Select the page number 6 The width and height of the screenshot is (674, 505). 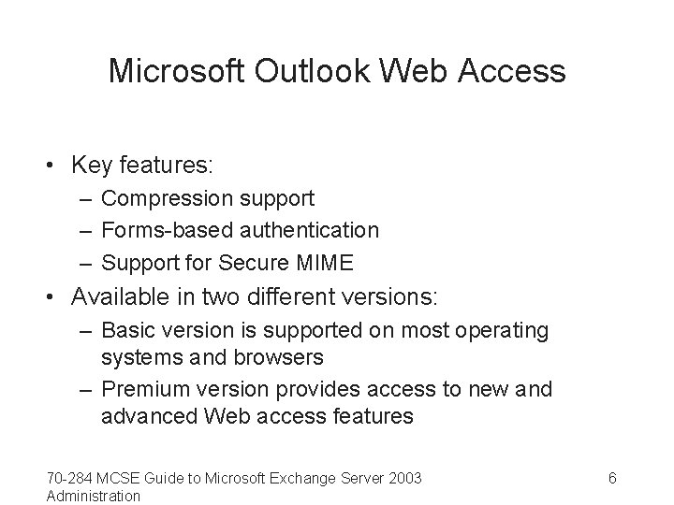(612, 479)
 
